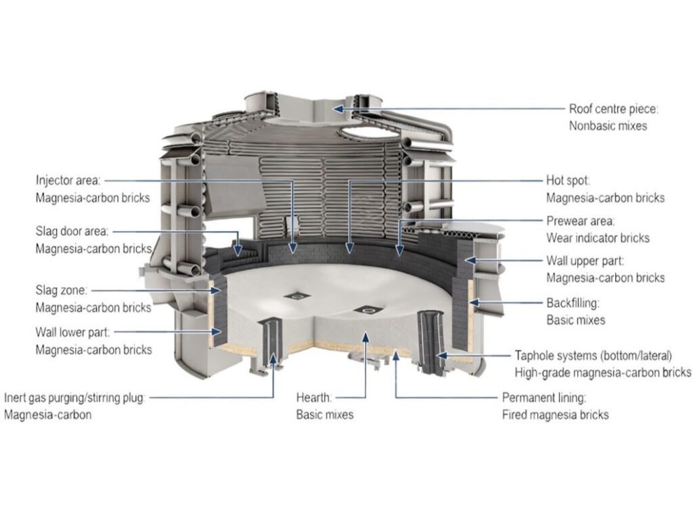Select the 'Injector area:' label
click(x=68, y=181)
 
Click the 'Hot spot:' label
click(x=568, y=181)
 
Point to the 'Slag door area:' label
click(x=72, y=232)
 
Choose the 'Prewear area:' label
click(x=581, y=221)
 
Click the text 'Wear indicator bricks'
click(x=598, y=238)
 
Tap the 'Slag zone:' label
click(x=62, y=290)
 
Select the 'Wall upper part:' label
click(x=586, y=261)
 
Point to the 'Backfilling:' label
click(x=573, y=302)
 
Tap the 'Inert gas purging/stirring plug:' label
click(x=74, y=397)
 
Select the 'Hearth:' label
click(x=314, y=397)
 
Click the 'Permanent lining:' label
click(x=544, y=397)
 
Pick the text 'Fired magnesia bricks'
click(x=555, y=414)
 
